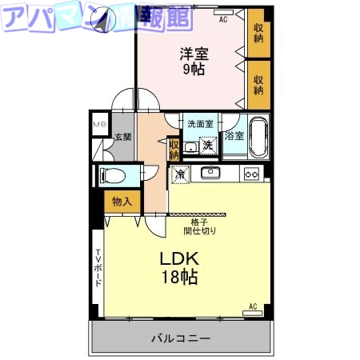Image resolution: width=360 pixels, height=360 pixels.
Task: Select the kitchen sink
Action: pos(210,172)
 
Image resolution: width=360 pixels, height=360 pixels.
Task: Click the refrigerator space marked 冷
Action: pos(180,172)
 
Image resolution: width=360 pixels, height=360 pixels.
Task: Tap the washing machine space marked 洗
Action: pos(206,145)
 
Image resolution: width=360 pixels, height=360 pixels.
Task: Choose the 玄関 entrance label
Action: pos(122,138)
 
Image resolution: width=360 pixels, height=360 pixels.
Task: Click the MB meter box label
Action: pos(99,126)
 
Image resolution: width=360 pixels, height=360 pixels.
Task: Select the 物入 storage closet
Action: pos(122,202)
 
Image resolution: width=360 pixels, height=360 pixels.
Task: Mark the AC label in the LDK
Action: pos(252,306)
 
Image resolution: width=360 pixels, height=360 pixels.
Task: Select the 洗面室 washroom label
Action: pos(200,124)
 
